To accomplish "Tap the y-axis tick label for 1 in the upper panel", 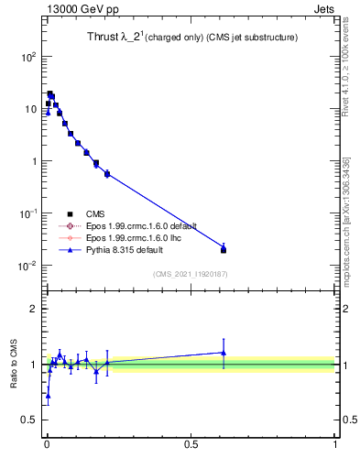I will click(x=32, y=161).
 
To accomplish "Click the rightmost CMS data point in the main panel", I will click(x=224, y=250).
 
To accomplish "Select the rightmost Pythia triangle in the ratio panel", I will click(x=224, y=352).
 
